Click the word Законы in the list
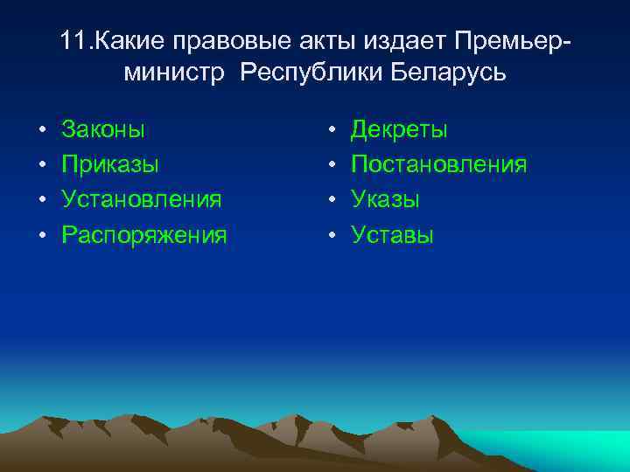pyautogui.click(x=103, y=130)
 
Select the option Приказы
pyautogui.click(x=109, y=165)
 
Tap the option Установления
pyautogui.click(x=141, y=199)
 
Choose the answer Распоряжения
pyautogui.click(x=143, y=234)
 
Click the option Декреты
pyautogui.click(x=399, y=130)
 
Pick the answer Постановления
pyautogui.click(x=438, y=165)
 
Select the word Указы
pyautogui.click(x=385, y=199)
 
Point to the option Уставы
pyautogui.click(x=392, y=234)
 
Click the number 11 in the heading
pyautogui.click(x=74, y=40)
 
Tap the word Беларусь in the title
pyautogui.click(x=449, y=73)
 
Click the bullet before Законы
pyautogui.click(x=41, y=131)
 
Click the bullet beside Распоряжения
pyautogui.click(x=41, y=235)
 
